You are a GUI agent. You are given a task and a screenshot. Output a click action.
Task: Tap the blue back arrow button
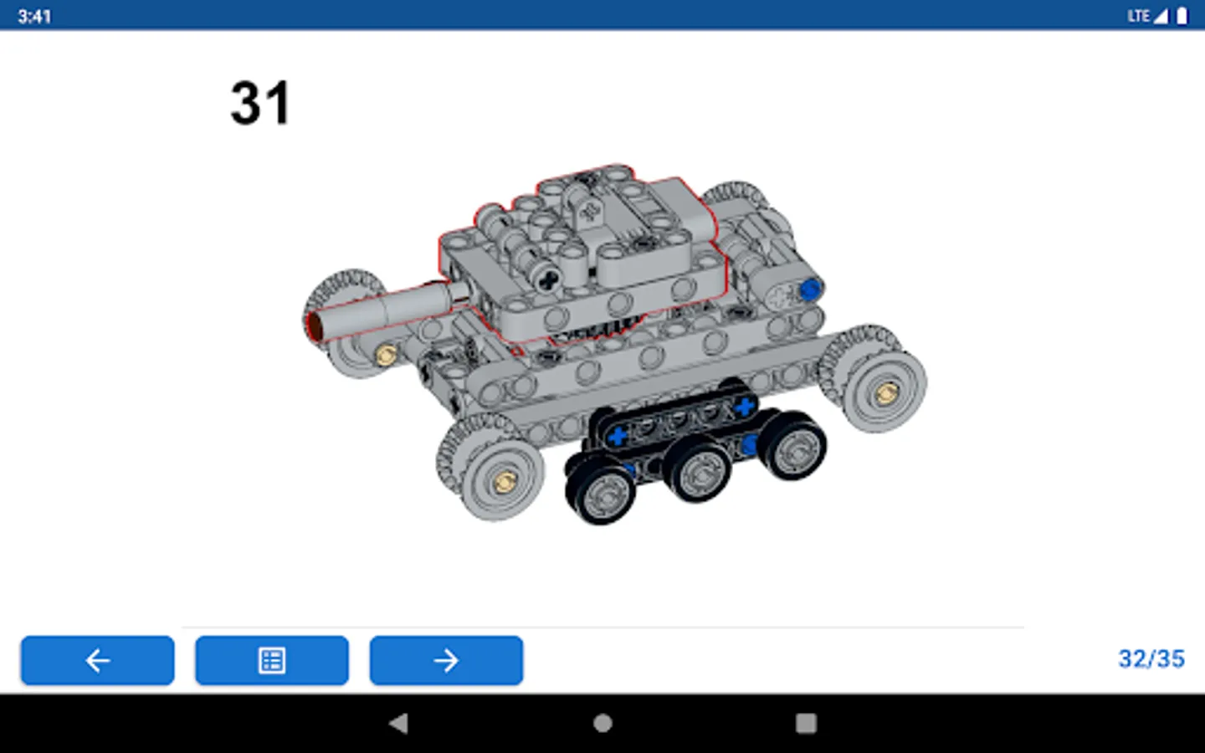(x=97, y=660)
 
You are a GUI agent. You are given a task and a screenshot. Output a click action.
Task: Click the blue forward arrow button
(x=446, y=660)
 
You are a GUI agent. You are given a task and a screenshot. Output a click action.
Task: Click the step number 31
(x=260, y=103)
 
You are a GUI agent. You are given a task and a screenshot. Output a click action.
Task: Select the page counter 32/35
(x=1151, y=659)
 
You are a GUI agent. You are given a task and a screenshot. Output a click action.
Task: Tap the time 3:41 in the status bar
(x=34, y=17)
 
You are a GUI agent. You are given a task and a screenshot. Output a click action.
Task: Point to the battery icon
(x=1182, y=16)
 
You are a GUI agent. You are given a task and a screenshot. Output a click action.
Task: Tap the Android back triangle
(x=399, y=723)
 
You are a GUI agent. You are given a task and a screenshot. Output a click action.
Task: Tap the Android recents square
(x=806, y=723)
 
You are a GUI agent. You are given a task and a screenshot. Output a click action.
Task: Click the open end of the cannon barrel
(x=314, y=326)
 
